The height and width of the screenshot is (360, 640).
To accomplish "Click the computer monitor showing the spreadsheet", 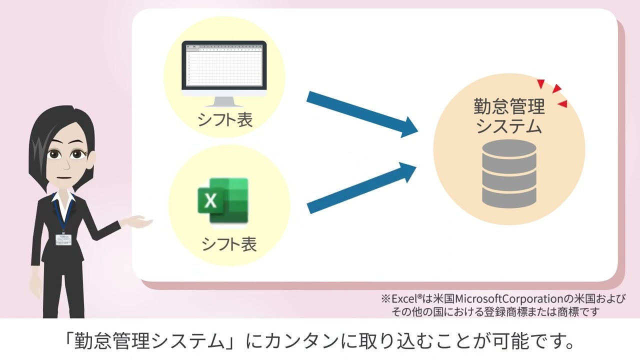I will (x=223, y=68).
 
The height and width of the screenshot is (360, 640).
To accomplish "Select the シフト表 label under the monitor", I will (x=225, y=119).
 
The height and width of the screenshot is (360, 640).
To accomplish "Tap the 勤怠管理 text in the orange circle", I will (x=509, y=106).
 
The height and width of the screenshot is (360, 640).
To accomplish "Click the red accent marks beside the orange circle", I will (x=555, y=93).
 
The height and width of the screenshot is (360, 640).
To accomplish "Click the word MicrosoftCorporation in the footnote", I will (x=504, y=299).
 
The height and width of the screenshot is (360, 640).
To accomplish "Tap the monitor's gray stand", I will (x=223, y=101).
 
